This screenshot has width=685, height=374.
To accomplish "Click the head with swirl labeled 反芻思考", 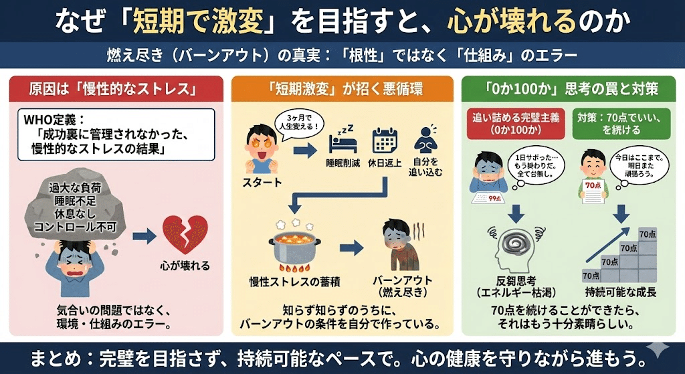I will pyautogui.click(x=513, y=248).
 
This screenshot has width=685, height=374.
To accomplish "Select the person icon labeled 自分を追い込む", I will pyautogui.click(x=425, y=144).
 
